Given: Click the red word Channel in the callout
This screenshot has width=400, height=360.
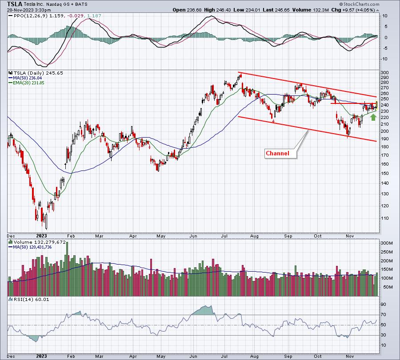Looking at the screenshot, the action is (x=277, y=154).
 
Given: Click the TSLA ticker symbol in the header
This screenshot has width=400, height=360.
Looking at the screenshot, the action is (x=15, y=4).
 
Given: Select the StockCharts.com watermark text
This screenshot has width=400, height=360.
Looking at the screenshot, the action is (x=359, y=4).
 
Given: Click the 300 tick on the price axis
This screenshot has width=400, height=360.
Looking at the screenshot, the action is (x=385, y=73).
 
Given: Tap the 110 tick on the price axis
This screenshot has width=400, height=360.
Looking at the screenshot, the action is (x=385, y=218).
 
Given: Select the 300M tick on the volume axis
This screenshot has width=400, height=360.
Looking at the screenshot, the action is (x=387, y=243).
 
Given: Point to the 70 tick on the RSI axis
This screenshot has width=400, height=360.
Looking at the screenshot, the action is (x=384, y=315).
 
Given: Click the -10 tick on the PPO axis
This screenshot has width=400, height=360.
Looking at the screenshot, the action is (x=384, y=59).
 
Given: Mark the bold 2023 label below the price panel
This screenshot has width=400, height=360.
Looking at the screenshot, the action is (x=42, y=236).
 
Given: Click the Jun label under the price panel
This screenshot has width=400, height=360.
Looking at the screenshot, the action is (x=193, y=236).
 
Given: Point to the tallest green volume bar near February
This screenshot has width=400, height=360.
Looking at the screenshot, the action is (x=67, y=269).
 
